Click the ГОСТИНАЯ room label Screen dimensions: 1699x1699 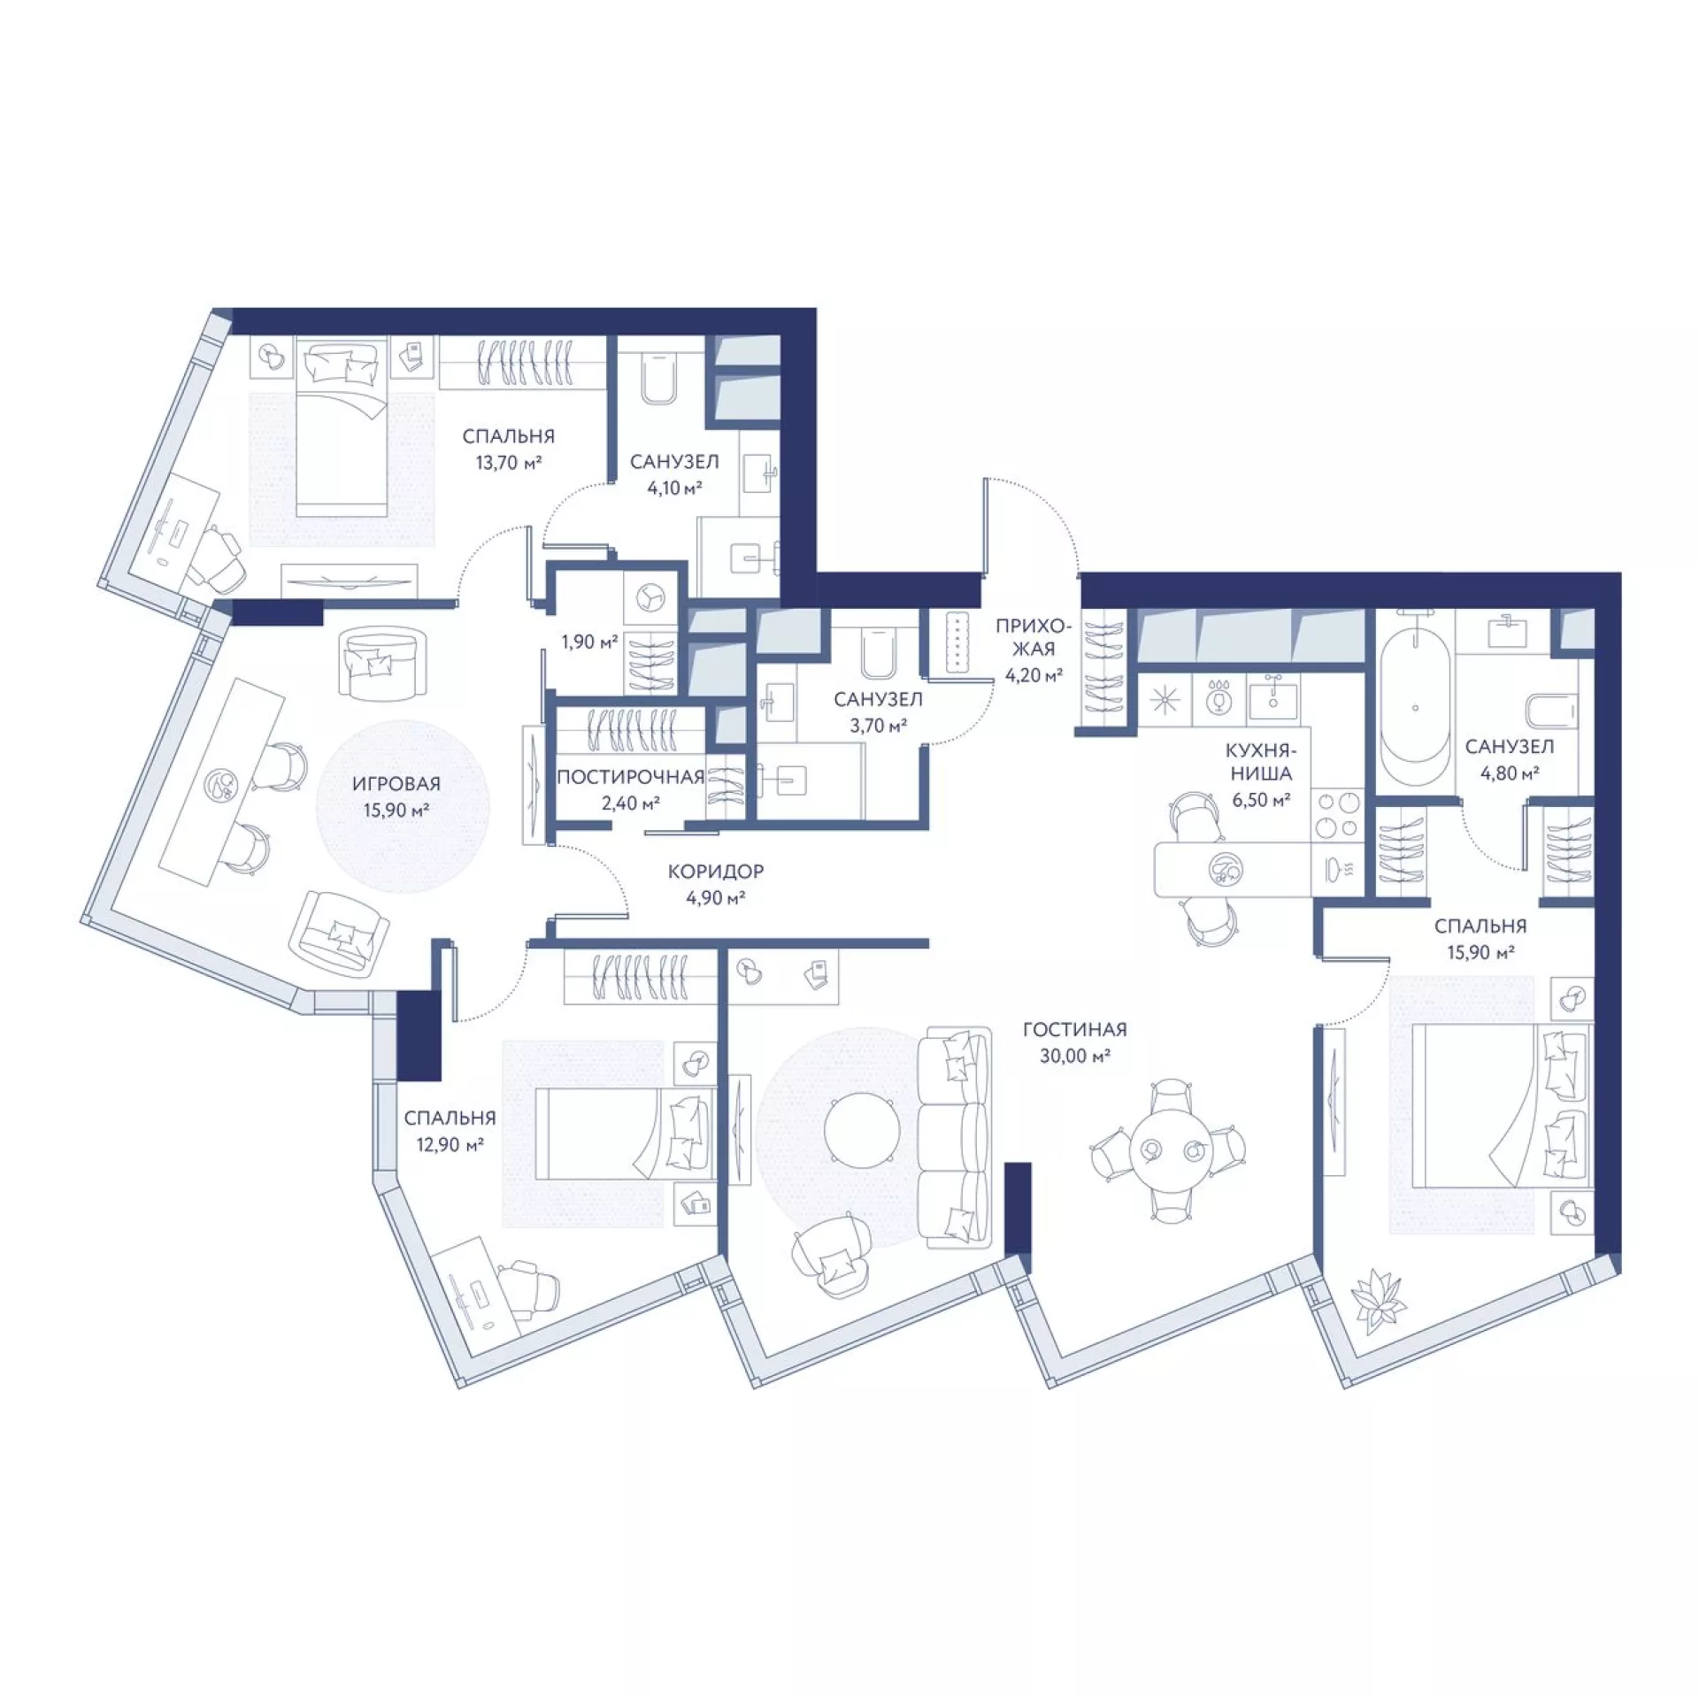[1074, 1030]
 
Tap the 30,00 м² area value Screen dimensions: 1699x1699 [1075, 1056]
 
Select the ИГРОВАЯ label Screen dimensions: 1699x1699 [396, 784]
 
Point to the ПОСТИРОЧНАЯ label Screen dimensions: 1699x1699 [630, 777]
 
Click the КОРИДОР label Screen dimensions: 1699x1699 [715, 872]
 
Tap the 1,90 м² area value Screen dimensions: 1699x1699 [589, 642]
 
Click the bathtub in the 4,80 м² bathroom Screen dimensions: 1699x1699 [1415, 706]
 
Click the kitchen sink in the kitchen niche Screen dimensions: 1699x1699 [1272, 697]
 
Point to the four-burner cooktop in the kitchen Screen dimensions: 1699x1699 [1336, 814]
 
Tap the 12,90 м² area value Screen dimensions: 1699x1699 [450, 1144]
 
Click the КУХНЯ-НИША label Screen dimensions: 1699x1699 [1260, 762]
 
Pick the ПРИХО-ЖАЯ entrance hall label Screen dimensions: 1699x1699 [1033, 637]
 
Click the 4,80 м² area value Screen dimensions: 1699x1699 [1510, 773]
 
